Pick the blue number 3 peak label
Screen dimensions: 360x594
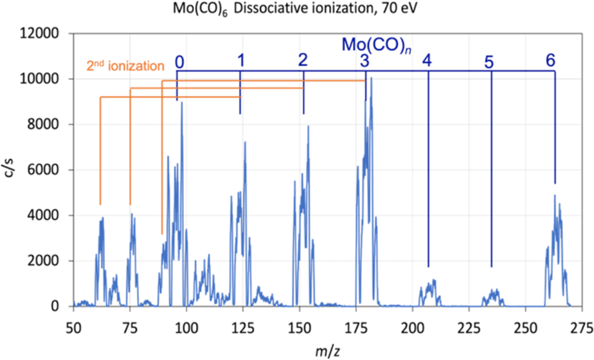(364, 60)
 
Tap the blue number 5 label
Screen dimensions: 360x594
(489, 62)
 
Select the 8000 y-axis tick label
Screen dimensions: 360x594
(43, 124)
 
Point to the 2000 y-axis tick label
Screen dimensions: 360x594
(43, 261)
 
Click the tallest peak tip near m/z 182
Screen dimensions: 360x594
(372, 78)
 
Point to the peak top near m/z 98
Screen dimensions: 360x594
(182, 103)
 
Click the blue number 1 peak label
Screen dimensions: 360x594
(241, 60)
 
